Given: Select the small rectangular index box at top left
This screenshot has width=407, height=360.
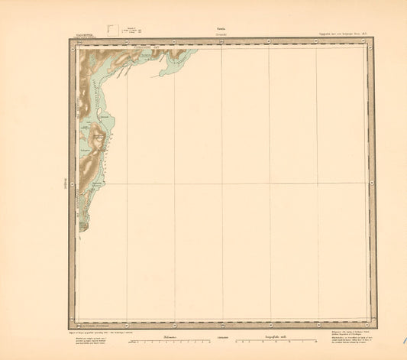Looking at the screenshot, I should pos(114,30).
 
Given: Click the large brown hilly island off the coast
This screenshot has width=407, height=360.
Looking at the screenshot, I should pos(98,141).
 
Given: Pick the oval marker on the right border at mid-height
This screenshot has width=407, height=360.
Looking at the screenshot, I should pos(373,183).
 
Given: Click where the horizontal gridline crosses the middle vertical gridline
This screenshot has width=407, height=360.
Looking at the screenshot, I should pos(221,183).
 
